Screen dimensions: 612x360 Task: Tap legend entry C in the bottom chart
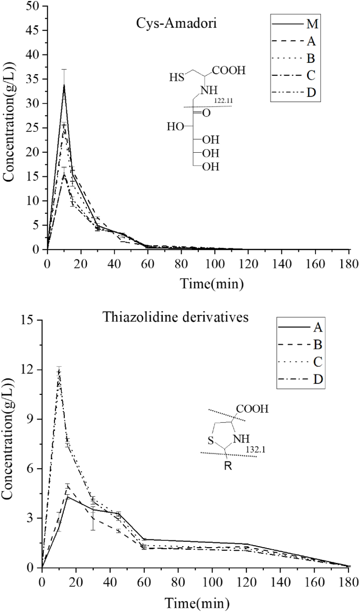click(317, 361)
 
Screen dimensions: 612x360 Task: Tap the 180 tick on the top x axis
click(348, 260)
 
